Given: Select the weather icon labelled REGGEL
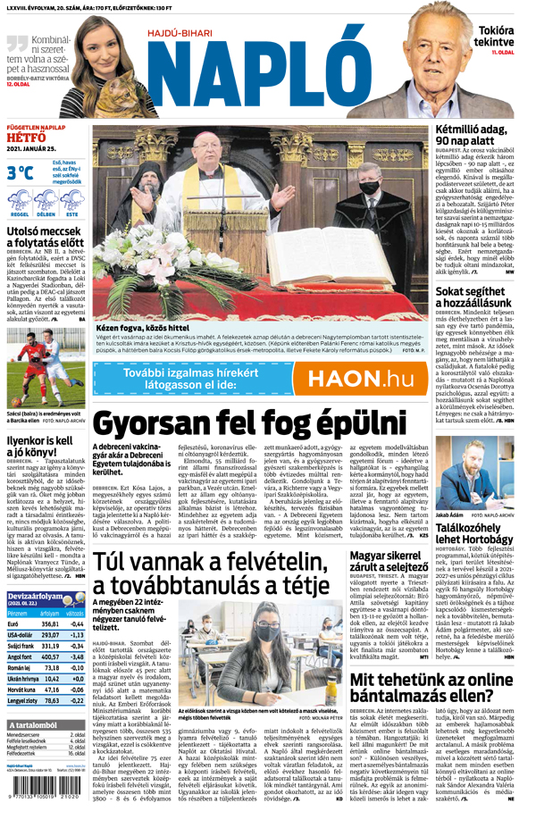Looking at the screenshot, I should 19,203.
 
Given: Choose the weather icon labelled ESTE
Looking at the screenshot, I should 71,203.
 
